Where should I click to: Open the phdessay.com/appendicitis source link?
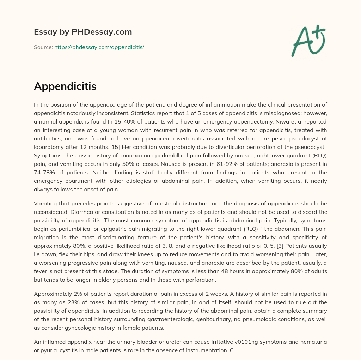99,47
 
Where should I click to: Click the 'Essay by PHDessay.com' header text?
83,32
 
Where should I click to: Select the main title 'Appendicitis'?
65,86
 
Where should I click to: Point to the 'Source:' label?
43,47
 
